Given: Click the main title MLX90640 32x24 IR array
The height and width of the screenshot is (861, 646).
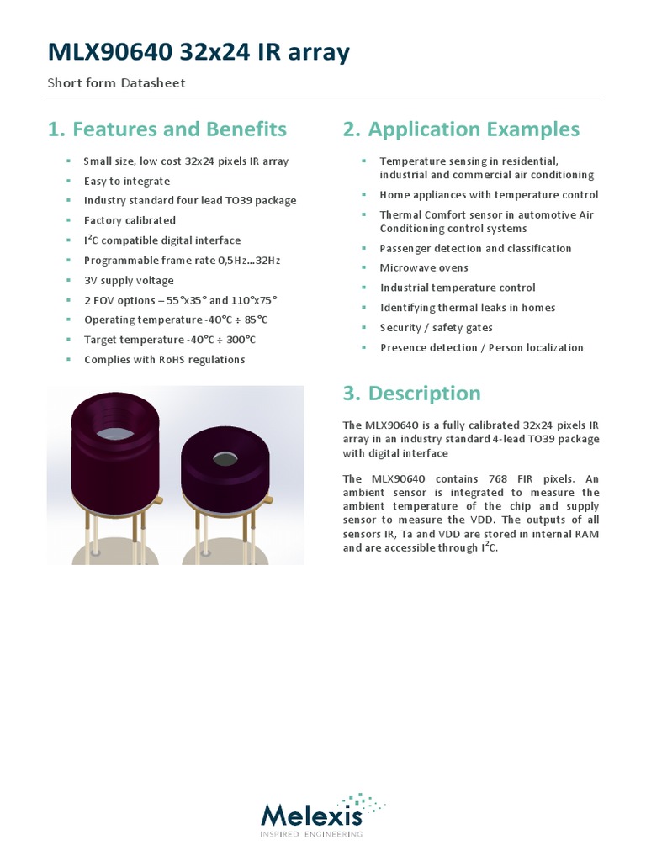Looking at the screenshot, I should (198, 53).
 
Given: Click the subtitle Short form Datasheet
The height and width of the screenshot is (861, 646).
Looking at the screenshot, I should (116, 82).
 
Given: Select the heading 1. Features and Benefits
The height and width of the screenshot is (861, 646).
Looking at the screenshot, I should (167, 129).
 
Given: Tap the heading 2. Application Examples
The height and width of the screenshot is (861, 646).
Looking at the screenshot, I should (461, 129).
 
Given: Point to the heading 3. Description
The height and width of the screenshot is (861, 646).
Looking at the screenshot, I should (412, 394).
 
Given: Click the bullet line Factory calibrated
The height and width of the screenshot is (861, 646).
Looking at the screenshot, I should (130, 220).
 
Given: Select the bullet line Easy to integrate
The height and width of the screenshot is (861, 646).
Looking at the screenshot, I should (127, 181).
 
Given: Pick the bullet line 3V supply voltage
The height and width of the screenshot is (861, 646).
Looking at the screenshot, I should (129, 280).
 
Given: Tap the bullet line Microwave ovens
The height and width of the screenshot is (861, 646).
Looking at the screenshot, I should (424, 267).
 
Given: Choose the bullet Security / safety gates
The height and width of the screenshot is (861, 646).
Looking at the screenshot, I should (437, 328).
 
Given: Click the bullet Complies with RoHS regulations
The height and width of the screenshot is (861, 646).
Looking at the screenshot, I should (164, 360).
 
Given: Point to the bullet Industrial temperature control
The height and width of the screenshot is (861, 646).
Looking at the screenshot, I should (458, 288).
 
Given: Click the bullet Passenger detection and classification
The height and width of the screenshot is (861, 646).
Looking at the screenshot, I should (475, 248).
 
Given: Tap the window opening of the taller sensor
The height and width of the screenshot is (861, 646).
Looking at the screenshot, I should (115, 434).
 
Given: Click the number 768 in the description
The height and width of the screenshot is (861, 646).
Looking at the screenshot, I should (477, 478).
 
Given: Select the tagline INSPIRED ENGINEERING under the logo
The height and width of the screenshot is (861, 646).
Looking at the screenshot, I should (312, 834).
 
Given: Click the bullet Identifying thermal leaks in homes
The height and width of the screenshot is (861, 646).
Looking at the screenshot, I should (468, 308).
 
